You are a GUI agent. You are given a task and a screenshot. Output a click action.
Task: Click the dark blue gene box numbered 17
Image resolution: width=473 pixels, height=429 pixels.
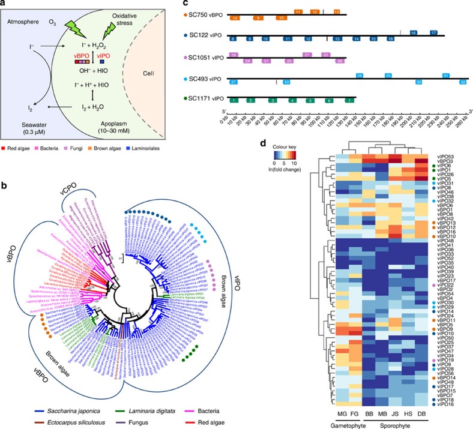coord(433,32)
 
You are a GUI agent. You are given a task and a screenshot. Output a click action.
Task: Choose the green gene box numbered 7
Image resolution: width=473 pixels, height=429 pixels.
coord(348,100)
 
